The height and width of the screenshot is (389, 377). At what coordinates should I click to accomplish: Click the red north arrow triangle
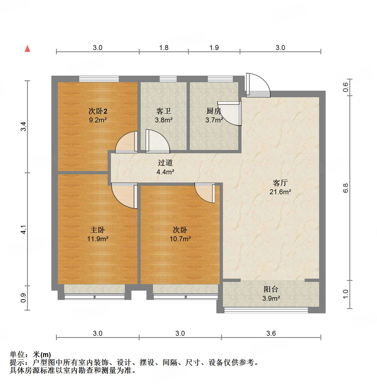click(27, 49)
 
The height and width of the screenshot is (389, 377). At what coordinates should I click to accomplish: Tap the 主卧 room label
click(98, 230)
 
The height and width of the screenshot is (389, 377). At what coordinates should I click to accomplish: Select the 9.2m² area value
click(98, 120)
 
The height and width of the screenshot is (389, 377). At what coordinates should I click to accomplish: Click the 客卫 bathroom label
click(164, 111)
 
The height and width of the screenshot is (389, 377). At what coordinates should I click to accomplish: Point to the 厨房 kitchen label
click(214, 111)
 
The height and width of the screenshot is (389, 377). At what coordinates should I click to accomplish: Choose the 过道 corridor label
click(165, 163)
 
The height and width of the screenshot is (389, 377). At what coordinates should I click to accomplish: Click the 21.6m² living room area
click(280, 192)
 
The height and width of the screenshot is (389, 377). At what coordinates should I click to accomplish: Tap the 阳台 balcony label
click(271, 289)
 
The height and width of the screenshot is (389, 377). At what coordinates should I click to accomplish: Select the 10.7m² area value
click(180, 239)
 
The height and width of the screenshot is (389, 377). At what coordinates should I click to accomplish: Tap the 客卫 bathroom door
click(158, 141)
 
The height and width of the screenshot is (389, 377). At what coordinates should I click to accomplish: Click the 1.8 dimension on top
click(164, 48)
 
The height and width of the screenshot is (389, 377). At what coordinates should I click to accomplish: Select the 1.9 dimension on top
click(214, 48)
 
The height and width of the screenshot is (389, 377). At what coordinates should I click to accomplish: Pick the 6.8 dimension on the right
click(346, 188)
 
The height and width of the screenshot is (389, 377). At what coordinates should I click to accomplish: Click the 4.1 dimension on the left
click(24, 229)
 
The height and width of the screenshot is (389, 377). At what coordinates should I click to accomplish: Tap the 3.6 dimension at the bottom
click(271, 333)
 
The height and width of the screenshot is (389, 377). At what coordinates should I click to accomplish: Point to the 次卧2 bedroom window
click(99, 79)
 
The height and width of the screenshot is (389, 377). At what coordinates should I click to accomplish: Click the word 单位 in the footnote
click(17, 355)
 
